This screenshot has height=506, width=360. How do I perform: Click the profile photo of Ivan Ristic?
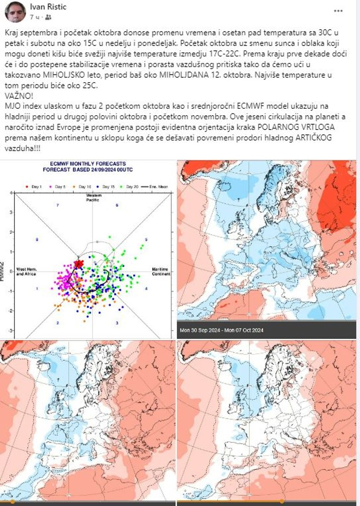[15, 12]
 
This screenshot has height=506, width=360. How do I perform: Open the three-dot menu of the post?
[338, 11]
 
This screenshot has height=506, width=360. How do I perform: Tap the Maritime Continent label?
[161, 271]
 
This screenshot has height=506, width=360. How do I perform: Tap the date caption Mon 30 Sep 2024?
[199, 330]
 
